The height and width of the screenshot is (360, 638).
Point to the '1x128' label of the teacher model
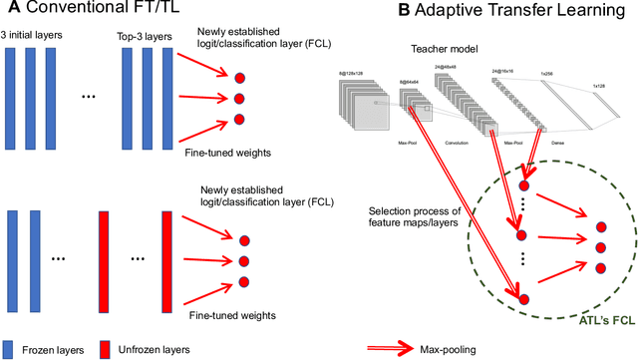(x=600, y=86)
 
